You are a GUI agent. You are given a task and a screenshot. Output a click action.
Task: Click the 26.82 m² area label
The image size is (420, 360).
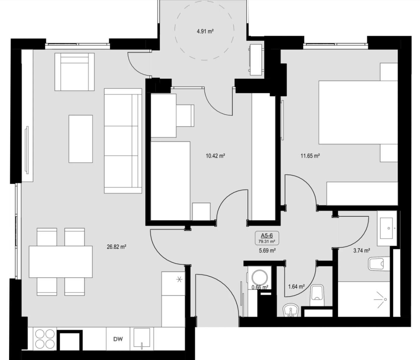tap(116, 247)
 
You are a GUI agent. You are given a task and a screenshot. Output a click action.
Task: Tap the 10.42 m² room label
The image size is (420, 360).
tap(215, 156)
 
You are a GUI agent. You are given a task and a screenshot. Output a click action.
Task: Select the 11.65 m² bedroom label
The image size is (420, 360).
tap(310, 156)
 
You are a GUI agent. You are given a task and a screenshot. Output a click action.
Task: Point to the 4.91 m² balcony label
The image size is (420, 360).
tap(205, 31)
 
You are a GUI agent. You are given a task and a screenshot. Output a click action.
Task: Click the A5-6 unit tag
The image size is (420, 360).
tap(267, 235)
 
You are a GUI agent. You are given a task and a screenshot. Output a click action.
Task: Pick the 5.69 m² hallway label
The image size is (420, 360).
tap(267, 251)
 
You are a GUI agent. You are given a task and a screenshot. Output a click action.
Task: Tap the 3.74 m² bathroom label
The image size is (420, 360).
tap(361, 250)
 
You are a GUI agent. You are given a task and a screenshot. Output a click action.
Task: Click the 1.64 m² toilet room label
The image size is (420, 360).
tap(296, 286)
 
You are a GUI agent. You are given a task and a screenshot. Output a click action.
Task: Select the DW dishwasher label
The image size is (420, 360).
tap(118, 339)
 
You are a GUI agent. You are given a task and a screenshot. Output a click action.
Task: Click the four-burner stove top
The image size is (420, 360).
tap(45, 339)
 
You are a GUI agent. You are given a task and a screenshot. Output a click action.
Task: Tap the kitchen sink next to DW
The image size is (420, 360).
tap(142, 338)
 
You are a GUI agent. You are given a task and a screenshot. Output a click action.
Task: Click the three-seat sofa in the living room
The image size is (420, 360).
tap(123, 141)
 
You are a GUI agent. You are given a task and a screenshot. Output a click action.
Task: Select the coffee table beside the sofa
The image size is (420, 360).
tap(81, 139)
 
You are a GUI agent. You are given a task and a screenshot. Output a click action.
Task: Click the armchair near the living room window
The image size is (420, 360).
tap(75, 72)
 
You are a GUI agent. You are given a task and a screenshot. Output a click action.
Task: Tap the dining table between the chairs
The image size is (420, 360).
tap(61, 262)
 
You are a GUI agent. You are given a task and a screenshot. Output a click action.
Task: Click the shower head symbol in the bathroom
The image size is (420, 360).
tap(380, 299)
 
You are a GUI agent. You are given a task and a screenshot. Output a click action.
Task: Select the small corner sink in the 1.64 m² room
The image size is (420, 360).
tap(291, 310)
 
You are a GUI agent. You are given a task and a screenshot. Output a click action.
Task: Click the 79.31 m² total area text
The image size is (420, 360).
tap(267, 242)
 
